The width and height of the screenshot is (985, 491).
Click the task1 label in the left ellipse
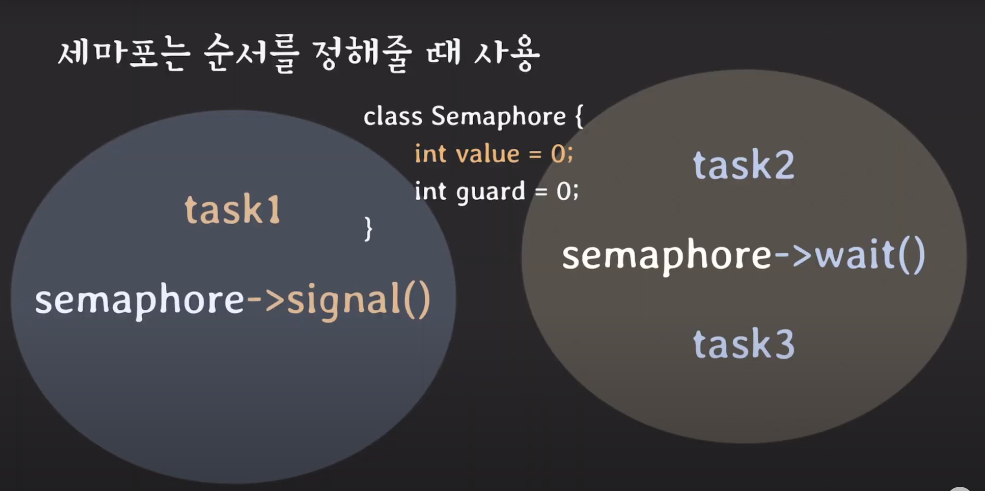point(232,209)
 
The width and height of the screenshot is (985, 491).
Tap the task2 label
point(744,165)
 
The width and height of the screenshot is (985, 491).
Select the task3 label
point(744,343)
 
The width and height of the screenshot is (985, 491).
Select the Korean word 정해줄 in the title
point(362,54)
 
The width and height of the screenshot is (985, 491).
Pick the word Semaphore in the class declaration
point(498,116)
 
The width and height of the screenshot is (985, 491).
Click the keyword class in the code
point(393,116)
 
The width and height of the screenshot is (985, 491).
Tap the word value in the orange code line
point(488,154)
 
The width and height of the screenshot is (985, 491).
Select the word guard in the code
point(491,191)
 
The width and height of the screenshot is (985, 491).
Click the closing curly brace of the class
point(368,229)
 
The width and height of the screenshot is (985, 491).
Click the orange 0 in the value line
point(558,154)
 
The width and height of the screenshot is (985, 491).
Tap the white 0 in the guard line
point(564,191)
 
